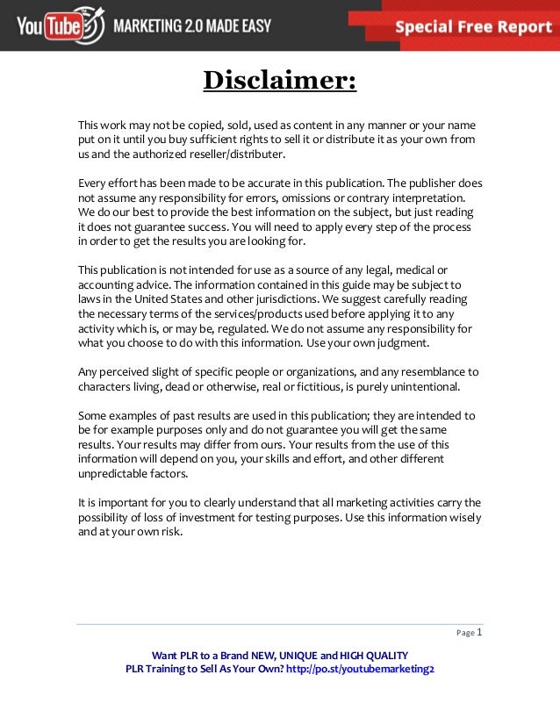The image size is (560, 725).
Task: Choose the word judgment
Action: [x=396, y=342]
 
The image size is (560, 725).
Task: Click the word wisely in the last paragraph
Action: [x=463, y=517]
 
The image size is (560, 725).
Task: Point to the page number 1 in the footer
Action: [x=480, y=632]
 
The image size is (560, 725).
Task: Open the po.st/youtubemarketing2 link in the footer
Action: [x=360, y=669]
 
